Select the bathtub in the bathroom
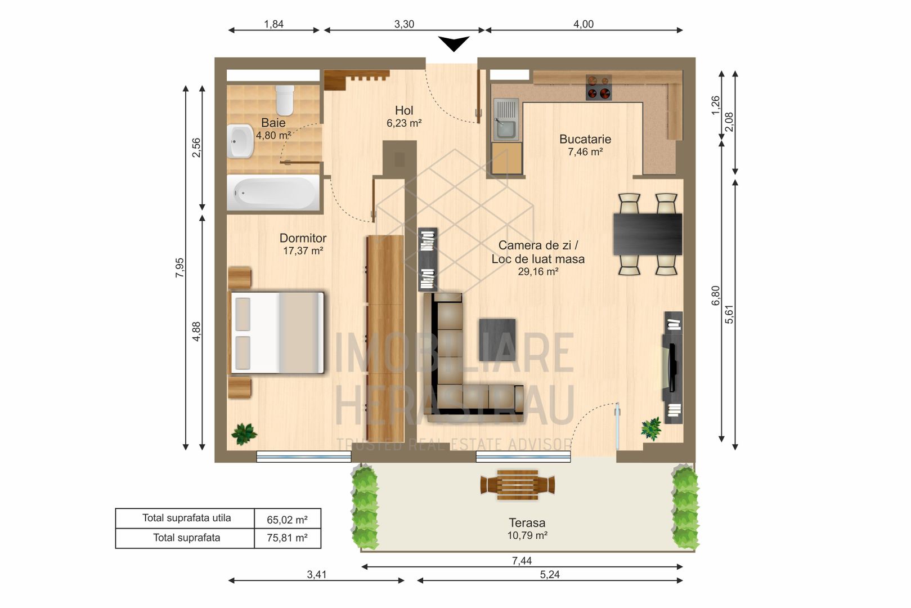(273, 193)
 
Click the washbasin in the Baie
(241, 141)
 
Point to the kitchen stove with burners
(598, 88)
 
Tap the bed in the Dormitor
(277, 332)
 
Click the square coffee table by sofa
(497, 339)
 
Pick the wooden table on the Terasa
(517, 485)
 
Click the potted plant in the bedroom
(244, 433)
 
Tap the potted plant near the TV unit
(652, 428)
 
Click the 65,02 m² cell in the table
(287, 519)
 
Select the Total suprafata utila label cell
(186, 518)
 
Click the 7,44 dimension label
(522, 560)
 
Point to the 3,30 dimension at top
(404, 24)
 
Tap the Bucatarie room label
(585, 139)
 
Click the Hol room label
(403, 111)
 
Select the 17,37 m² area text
(303, 251)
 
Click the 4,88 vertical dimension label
(196, 331)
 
